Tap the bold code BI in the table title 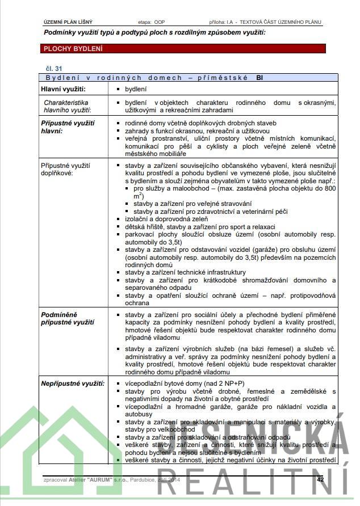(x=259, y=77)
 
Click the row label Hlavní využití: (x=63, y=90)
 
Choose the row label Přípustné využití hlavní (x=68, y=126)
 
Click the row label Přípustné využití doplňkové (x=66, y=169)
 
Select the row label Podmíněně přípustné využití (x=68, y=318)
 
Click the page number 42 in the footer (x=321, y=479)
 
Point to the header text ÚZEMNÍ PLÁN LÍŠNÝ (x=68, y=22)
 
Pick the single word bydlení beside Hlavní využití (x=135, y=90)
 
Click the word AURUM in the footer (x=98, y=479)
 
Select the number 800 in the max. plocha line (x=329, y=188)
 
